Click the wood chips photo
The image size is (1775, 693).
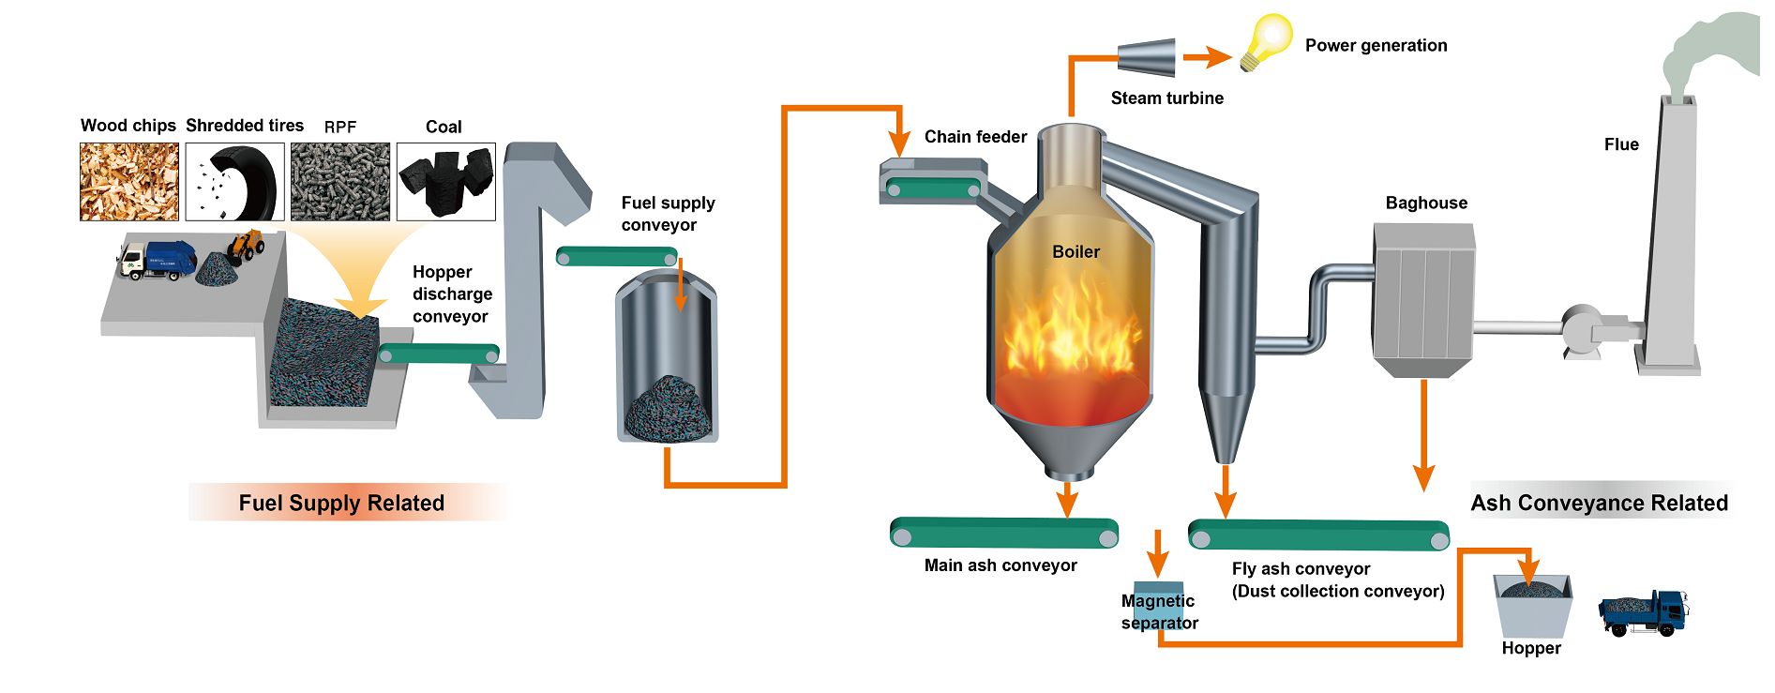tap(128, 182)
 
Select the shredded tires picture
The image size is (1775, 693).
tap(234, 182)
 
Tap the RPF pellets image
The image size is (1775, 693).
tap(339, 182)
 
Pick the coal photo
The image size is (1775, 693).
tap(445, 182)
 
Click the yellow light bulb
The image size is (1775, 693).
tap(1265, 41)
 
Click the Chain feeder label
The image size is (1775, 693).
tap(975, 137)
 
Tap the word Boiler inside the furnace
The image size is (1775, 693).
tap(1076, 252)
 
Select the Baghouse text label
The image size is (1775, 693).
tap(1426, 203)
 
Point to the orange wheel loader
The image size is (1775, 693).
tap(246, 246)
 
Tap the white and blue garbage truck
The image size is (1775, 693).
tap(157, 260)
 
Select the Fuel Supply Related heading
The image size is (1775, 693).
tap(341, 504)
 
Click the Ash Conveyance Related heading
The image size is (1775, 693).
tap(1599, 504)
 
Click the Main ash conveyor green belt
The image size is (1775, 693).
tap(1003, 533)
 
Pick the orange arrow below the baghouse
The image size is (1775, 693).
tap(1423, 436)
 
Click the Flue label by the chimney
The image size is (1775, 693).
tap(1621, 144)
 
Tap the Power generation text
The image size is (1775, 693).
tap(1376, 46)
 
